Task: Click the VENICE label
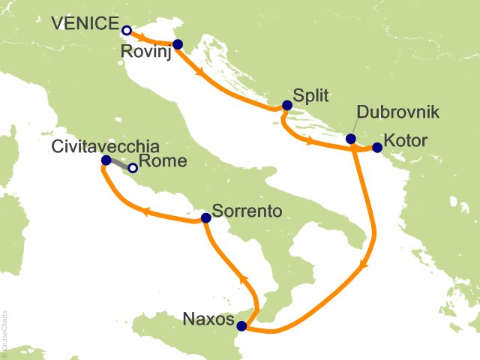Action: tap(84, 25)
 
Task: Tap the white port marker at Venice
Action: tap(127, 31)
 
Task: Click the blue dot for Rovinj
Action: tap(177, 44)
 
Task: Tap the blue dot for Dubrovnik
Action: tap(350, 139)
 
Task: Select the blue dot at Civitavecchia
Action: tap(106, 160)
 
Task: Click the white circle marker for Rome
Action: tap(133, 169)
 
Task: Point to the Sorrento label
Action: tap(247, 212)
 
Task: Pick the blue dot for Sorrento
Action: tap(205, 218)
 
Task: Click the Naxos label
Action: tap(207, 320)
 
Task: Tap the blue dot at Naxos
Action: tap(241, 326)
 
